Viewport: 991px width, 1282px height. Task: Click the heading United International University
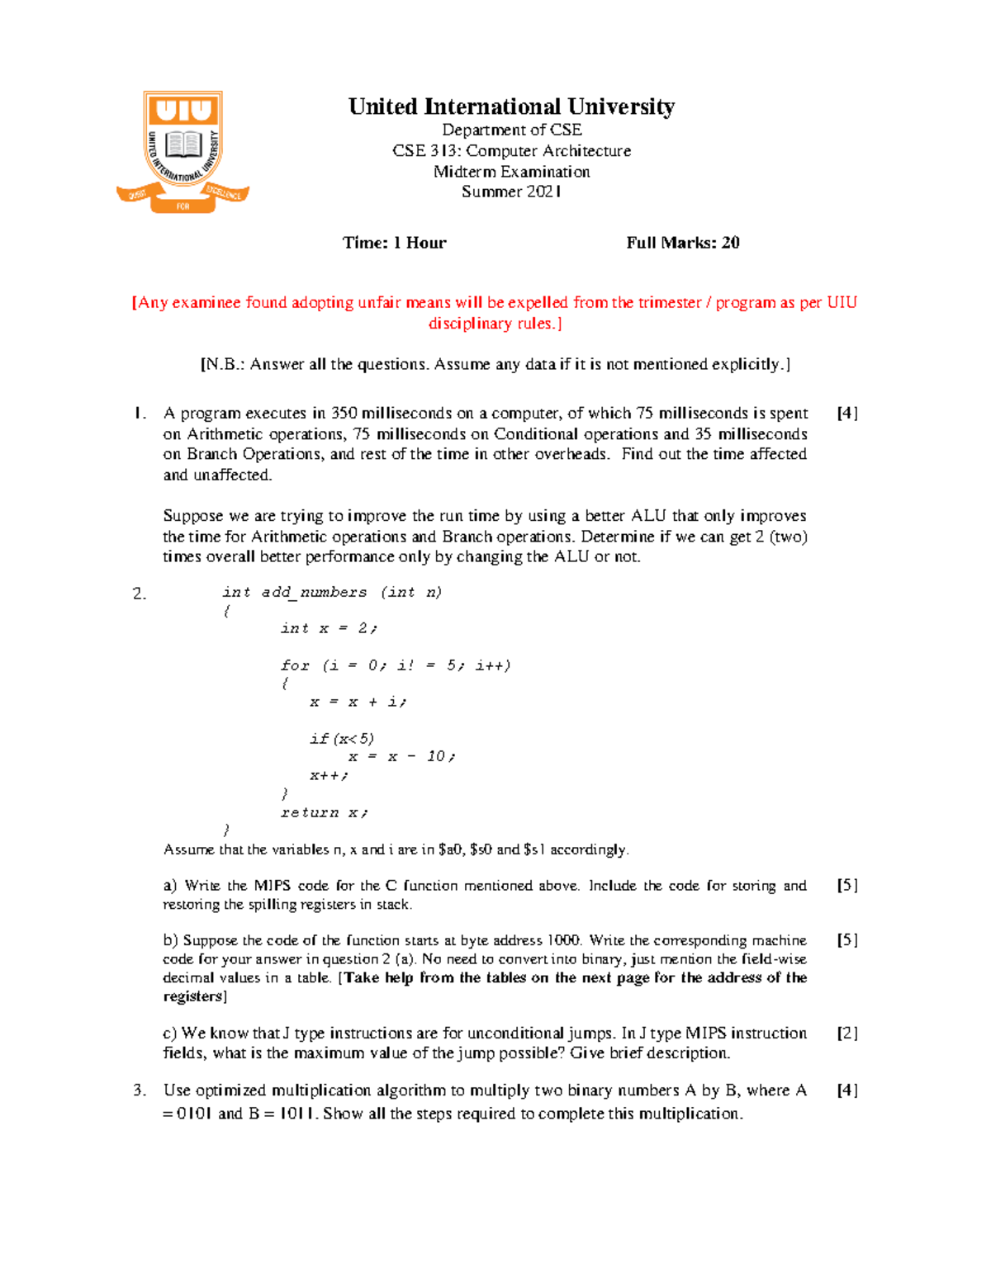(x=511, y=107)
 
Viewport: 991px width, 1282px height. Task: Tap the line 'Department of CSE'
(x=511, y=130)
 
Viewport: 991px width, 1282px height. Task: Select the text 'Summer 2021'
(x=511, y=192)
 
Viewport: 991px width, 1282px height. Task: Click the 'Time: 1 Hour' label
(x=394, y=243)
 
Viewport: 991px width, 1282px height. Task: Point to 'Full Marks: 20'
(x=682, y=243)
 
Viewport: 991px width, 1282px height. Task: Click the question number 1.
(x=139, y=414)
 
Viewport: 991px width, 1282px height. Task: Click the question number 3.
(x=139, y=1090)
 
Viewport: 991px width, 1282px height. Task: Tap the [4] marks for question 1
(x=847, y=414)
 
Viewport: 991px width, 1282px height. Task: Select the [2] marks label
(x=847, y=1034)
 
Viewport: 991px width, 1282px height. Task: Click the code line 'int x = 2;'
(x=329, y=628)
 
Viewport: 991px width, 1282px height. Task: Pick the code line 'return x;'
(x=324, y=812)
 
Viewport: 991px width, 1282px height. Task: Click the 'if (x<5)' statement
(x=342, y=738)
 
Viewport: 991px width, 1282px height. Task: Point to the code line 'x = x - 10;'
(x=401, y=756)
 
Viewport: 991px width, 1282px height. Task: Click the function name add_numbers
(x=314, y=592)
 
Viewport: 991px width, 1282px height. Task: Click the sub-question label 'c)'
(x=170, y=1034)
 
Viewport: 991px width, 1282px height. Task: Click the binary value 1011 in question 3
(x=297, y=1114)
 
